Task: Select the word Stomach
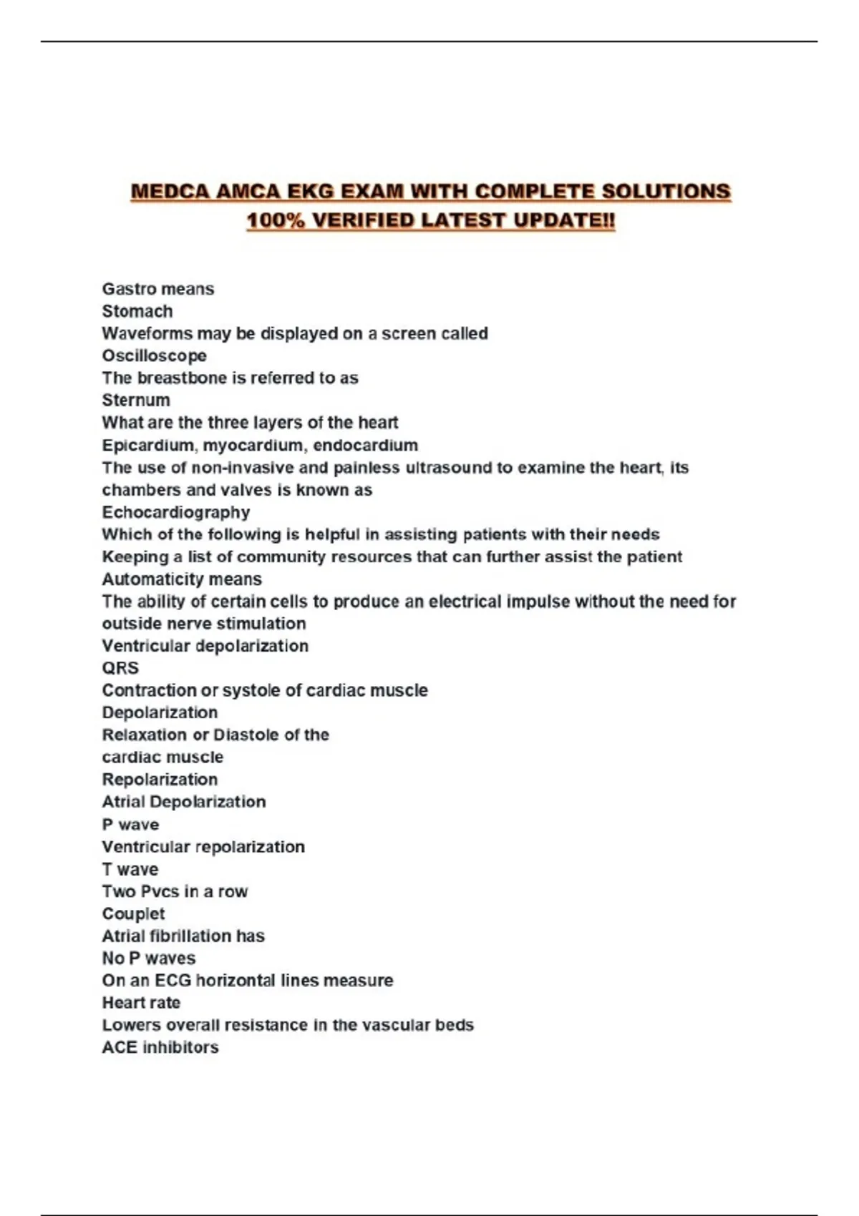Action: click(x=137, y=311)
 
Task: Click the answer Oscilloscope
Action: click(x=154, y=356)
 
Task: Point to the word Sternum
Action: click(x=136, y=400)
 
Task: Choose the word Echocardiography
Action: click(x=176, y=512)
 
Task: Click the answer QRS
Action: click(x=120, y=668)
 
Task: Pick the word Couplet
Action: click(x=133, y=913)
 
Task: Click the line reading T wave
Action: click(x=130, y=869)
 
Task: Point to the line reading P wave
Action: click(x=130, y=824)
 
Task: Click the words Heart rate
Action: click(x=141, y=1002)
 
